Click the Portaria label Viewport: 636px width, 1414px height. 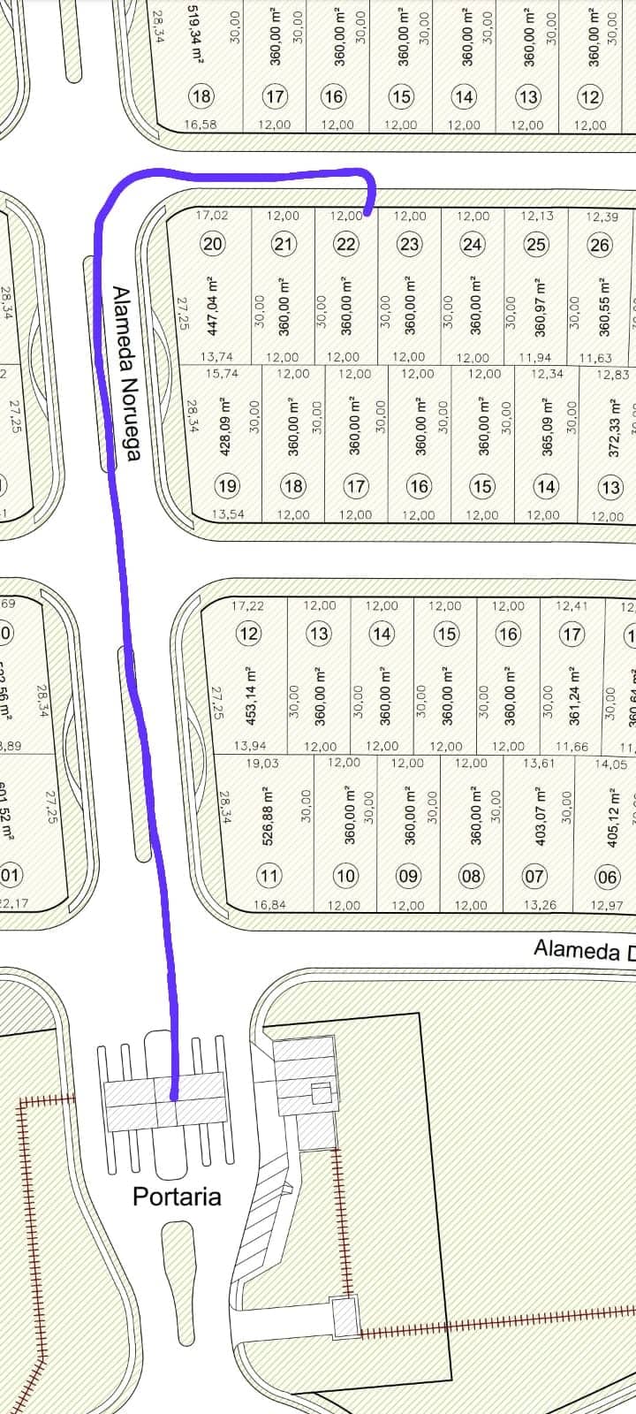tap(177, 1197)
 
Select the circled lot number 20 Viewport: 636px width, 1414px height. tap(213, 244)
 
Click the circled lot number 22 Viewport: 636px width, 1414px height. tap(346, 244)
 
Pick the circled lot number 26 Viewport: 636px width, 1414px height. tap(600, 244)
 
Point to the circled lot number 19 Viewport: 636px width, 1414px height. tap(227, 485)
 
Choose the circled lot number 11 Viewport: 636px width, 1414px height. tap(269, 876)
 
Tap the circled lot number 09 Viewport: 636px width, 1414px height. tap(407, 876)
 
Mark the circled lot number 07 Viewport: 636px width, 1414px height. tap(534, 876)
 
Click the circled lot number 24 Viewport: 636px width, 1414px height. tap(473, 244)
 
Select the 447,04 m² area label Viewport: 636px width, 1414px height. tap(212, 306)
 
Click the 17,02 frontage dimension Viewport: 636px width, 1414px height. tap(212, 215)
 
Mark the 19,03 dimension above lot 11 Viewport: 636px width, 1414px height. tap(262, 763)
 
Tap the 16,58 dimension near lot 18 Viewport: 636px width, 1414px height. tap(201, 125)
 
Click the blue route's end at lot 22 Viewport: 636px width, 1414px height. tap(366, 212)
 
